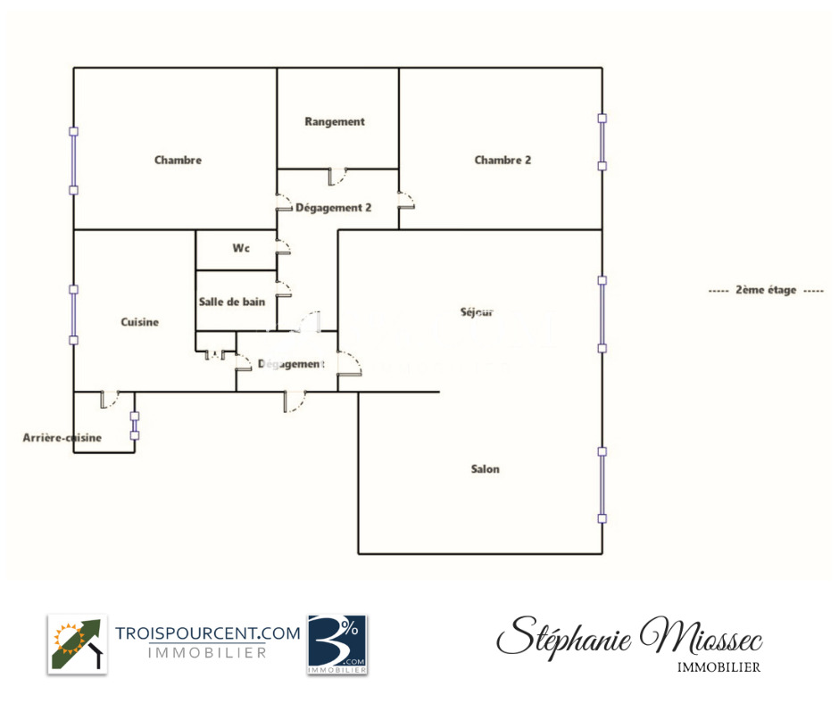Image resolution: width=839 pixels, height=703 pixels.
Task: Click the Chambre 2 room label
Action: [503, 160]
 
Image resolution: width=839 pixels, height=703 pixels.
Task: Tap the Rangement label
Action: [335, 121]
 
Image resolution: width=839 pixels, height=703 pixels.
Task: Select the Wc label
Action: [241, 248]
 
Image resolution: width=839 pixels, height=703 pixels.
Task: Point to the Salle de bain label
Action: [232, 302]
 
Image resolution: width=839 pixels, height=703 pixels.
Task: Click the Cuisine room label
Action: [139, 322]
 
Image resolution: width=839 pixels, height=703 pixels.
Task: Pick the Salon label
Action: [485, 469]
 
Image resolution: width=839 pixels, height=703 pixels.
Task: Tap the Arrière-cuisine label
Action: [62, 438]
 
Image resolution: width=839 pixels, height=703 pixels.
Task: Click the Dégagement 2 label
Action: [333, 208]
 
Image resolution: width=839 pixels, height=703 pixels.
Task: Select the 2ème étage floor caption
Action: [766, 290]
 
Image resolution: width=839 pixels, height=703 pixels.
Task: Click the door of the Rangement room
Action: [337, 176]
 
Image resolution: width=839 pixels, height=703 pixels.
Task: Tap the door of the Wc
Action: [283, 246]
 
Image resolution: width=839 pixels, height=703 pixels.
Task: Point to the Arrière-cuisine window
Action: [135, 426]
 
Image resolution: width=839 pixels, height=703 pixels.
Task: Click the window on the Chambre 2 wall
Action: [602, 143]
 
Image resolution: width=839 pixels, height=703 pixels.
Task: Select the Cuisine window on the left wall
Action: [74, 315]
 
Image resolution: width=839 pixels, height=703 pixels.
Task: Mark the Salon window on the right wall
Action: [602, 485]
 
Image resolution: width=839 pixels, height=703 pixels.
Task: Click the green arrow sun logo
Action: [78, 644]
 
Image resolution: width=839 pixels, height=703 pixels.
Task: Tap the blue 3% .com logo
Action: [337, 644]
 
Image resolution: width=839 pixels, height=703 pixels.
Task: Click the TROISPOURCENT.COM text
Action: [208, 633]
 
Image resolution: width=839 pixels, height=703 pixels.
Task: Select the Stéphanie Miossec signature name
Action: [630, 638]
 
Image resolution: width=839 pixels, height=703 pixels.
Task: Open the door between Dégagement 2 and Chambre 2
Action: [406, 200]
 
